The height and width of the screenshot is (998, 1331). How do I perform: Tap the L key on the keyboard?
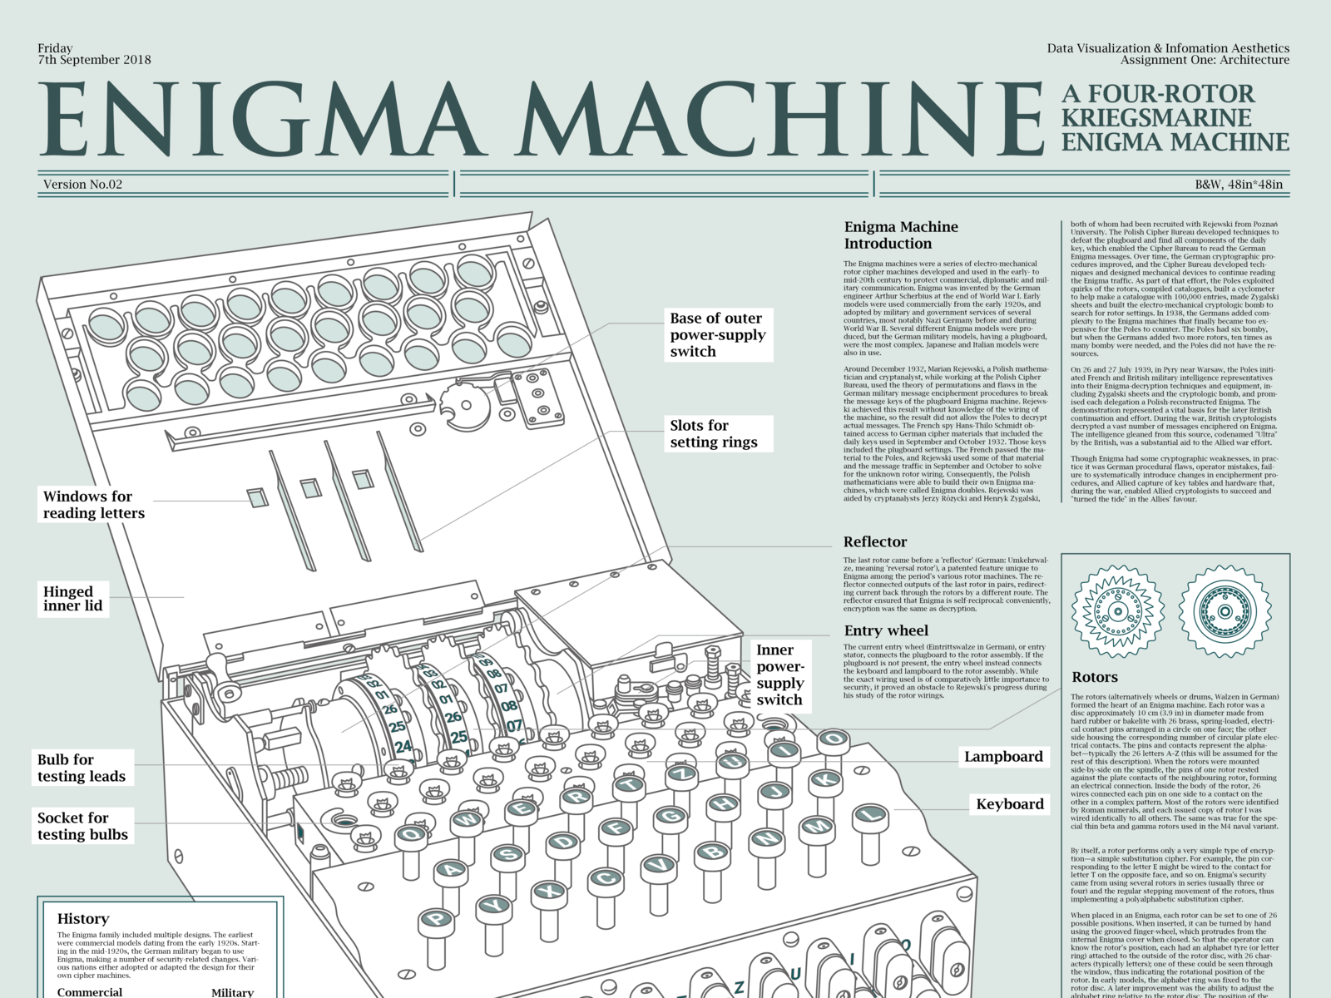point(871,814)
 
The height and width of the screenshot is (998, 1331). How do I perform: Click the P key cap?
point(435,919)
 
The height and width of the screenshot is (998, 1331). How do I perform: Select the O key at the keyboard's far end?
point(834,739)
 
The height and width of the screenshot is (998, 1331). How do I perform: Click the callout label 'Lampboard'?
point(1002,757)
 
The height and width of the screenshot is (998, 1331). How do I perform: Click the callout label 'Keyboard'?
point(1009,804)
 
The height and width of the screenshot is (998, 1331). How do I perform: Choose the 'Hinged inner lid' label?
point(73,598)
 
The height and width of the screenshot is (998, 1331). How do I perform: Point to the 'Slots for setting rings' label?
point(715,434)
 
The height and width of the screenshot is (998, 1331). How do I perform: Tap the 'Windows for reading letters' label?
point(93,505)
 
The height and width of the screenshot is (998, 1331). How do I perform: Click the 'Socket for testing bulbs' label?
point(82,826)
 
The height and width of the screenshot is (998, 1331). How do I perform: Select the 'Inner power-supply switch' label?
point(779,674)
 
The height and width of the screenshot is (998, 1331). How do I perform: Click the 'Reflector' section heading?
point(874,542)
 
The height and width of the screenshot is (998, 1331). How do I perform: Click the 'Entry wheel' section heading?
point(886,631)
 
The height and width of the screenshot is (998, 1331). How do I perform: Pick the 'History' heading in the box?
point(82,919)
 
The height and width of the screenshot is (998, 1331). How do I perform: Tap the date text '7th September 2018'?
point(94,60)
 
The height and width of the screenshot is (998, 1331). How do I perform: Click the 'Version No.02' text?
point(82,185)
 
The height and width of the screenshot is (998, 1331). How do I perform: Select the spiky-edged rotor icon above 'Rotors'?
point(1116,612)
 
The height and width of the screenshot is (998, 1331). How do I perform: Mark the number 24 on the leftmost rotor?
point(403,747)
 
